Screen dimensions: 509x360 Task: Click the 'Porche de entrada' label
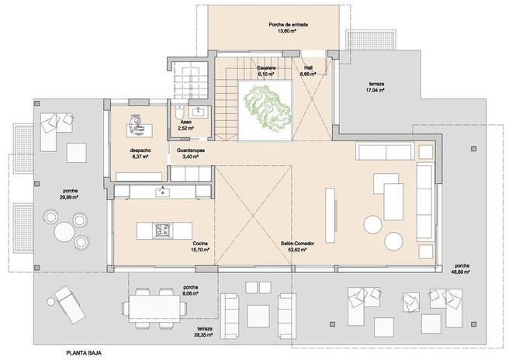tap(289, 25)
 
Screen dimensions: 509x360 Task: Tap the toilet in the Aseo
tap(179, 112)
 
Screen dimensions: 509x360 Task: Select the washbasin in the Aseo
tap(198, 112)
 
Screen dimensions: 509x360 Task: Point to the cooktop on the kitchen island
tap(162, 230)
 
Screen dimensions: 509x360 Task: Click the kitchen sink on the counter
tap(162, 192)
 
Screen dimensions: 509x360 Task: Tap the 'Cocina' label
tap(200, 244)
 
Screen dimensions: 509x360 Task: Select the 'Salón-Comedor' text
tap(298, 244)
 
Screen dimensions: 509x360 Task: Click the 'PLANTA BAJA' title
tap(84, 353)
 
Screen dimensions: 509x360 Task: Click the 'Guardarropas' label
tap(191, 151)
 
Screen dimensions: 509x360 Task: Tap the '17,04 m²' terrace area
tap(376, 90)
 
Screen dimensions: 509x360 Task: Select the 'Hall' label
tap(308, 67)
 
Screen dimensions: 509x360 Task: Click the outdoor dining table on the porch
tap(154, 308)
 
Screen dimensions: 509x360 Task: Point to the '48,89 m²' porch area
tap(462, 272)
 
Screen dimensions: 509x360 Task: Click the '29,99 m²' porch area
tap(71, 197)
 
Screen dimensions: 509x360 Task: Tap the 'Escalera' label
tap(266, 68)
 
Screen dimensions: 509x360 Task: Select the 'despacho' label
tap(140, 151)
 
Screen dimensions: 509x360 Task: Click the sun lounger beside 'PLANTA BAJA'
tap(70, 304)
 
